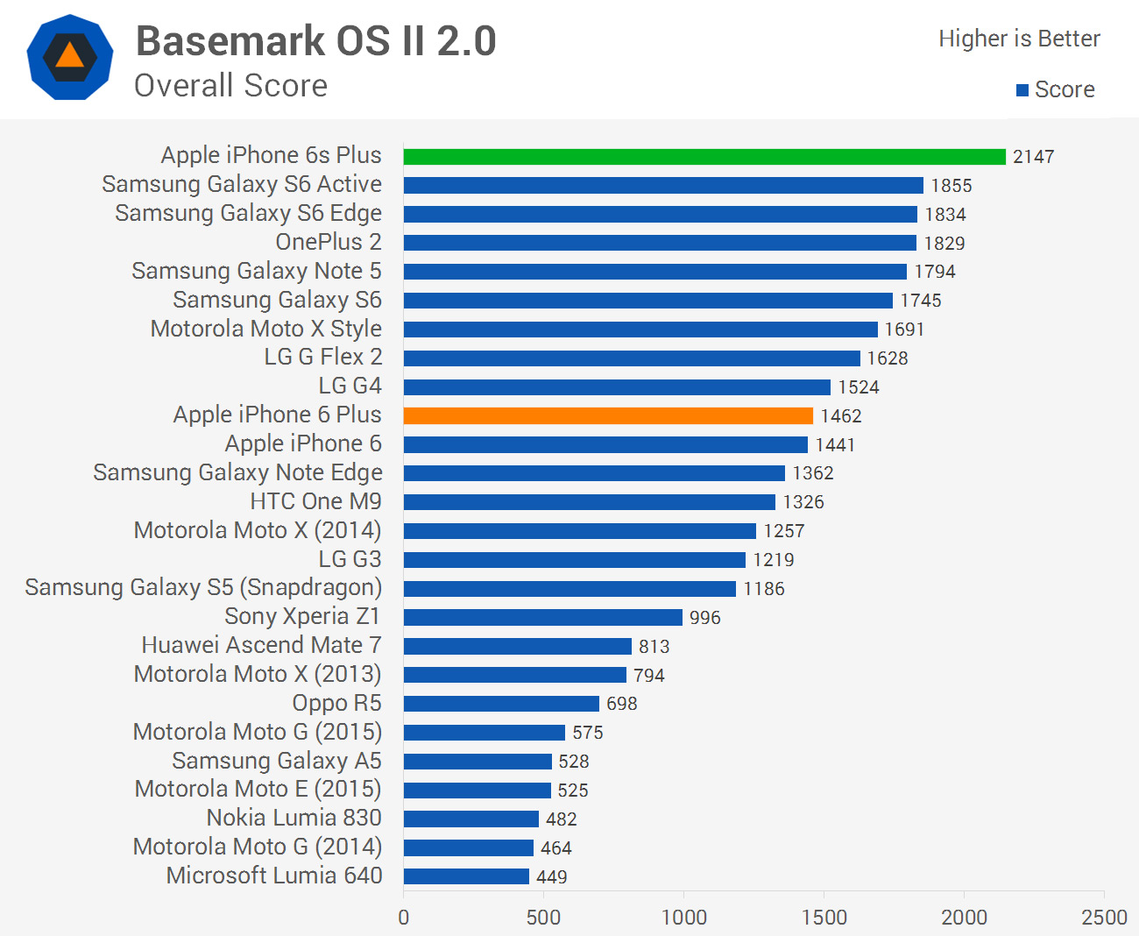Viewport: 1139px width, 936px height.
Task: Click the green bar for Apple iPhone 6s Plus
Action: pyautogui.click(x=704, y=157)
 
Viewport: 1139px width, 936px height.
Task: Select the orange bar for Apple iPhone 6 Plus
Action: pyautogui.click(x=608, y=415)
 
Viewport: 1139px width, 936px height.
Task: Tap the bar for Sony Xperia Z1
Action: pyautogui.click(x=543, y=617)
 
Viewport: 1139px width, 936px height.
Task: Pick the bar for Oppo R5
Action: pyautogui.click(x=501, y=704)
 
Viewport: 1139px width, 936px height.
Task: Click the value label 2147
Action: pyautogui.click(x=1034, y=157)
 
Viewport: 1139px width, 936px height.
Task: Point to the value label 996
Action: pyautogui.click(x=705, y=618)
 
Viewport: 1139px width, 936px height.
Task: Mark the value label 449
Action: pyautogui.click(x=552, y=876)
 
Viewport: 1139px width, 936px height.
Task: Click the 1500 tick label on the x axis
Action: pyautogui.click(x=824, y=918)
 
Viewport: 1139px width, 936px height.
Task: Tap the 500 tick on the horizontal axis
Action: pyautogui.click(x=543, y=918)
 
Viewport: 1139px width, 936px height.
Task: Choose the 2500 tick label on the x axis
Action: pyautogui.click(x=1104, y=918)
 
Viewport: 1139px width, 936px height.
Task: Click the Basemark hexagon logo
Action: pyautogui.click(x=70, y=58)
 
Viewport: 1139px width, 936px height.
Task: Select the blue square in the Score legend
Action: pyautogui.click(x=1022, y=90)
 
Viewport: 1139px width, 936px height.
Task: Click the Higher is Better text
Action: pyautogui.click(x=1019, y=39)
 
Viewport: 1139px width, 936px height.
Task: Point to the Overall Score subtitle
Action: pyautogui.click(x=230, y=86)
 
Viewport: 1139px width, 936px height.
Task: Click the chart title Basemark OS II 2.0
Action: pyautogui.click(x=316, y=41)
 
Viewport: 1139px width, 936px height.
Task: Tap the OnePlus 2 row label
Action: pyautogui.click(x=329, y=242)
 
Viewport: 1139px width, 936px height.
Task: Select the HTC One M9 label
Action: pyautogui.click(x=315, y=501)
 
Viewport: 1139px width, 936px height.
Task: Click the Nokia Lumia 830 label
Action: pyautogui.click(x=294, y=818)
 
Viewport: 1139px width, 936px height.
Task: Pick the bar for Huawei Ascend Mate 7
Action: pyautogui.click(x=518, y=646)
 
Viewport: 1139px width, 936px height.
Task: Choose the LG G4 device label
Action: pyautogui.click(x=350, y=386)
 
